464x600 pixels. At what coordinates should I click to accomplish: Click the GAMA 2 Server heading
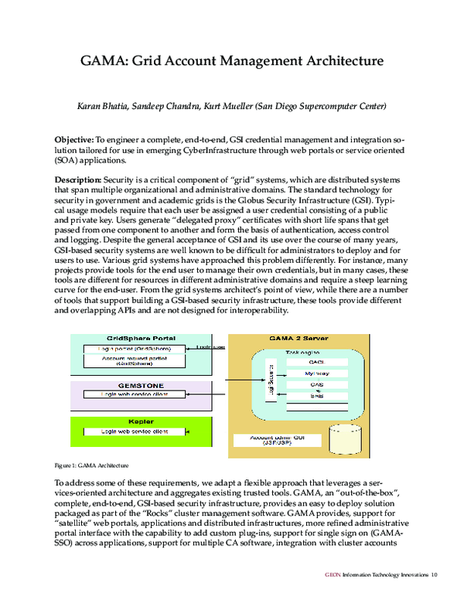coord(294,339)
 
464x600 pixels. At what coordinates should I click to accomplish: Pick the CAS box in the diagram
coord(316,384)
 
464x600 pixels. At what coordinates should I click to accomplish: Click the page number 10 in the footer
coord(435,574)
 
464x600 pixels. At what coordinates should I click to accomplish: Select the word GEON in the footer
coord(333,574)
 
